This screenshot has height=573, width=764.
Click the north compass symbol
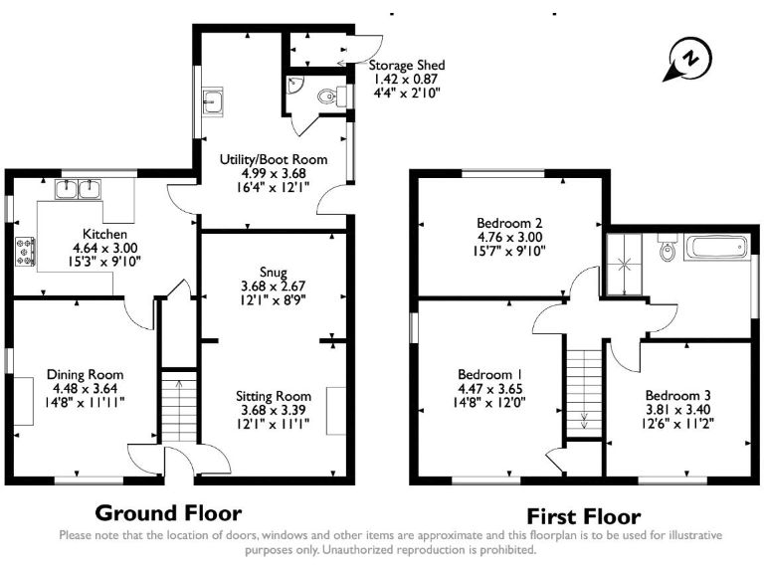[685, 61]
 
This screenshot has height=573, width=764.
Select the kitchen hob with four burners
[23, 252]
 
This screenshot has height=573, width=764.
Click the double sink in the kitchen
[79, 188]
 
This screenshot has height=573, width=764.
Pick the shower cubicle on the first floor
[627, 265]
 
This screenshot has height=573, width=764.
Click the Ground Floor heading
[167, 513]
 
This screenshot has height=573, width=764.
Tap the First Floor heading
[583, 516]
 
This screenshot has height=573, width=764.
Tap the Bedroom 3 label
[678, 393]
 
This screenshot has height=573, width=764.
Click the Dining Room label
[85, 374]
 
